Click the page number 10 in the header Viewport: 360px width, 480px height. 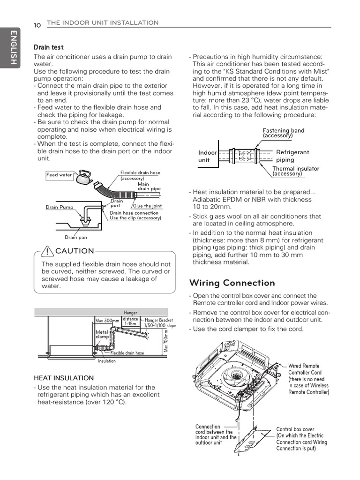[x=37, y=25]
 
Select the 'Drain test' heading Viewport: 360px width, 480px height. [x=48, y=47]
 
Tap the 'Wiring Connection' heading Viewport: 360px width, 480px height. [x=232, y=283]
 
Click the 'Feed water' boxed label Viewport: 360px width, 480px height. [x=59, y=175]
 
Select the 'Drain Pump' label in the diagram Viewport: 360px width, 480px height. [x=60, y=207]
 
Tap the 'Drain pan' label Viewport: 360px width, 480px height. [x=76, y=237]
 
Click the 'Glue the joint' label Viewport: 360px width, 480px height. [x=147, y=206]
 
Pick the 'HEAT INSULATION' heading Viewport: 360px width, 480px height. [x=64, y=377]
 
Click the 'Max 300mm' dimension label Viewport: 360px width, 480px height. [x=107, y=321]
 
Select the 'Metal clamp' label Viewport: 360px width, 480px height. [x=102, y=334]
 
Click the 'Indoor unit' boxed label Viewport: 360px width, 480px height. [x=208, y=156]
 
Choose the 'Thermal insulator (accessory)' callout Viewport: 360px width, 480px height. [x=295, y=171]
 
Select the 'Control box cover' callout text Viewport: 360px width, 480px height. [x=301, y=439]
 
